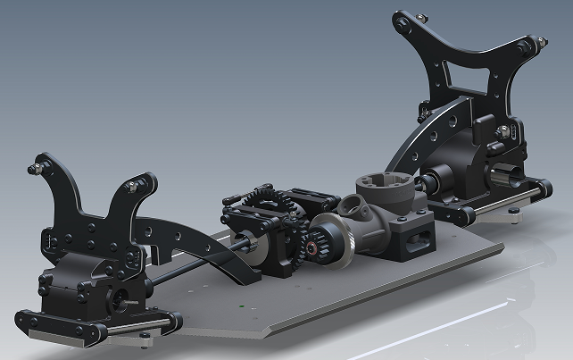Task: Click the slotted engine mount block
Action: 414,239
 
